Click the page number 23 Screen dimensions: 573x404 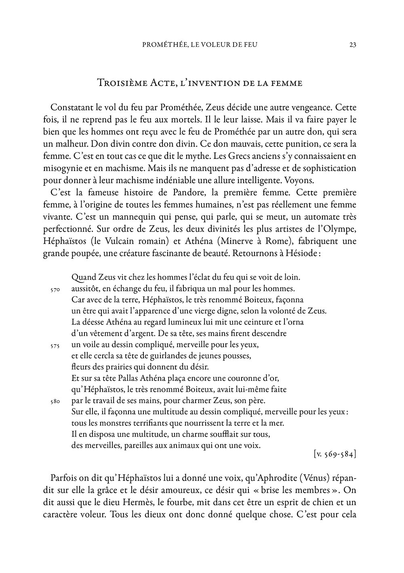(x=352, y=45)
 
